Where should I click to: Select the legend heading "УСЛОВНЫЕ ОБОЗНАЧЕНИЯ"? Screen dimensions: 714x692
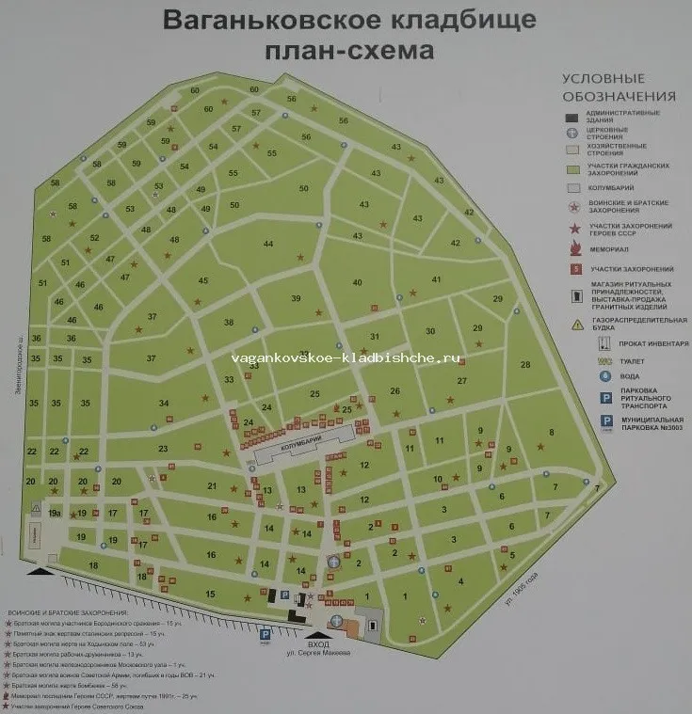pyautogui.click(x=618, y=87)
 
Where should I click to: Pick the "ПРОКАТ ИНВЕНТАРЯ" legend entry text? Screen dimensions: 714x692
pyautogui.click(x=643, y=343)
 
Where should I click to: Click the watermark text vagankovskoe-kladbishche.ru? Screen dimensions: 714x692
pyautogui.click(x=345, y=357)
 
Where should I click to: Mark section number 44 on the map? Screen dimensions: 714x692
pyautogui.click(x=268, y=245)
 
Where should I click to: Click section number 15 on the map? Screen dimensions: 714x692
pyautogui.click(x=209, y=594)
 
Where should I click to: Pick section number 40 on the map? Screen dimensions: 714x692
pyautogui.click(x=357, y=282)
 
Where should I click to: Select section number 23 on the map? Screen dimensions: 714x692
pyautogui.click(x=163, y=449)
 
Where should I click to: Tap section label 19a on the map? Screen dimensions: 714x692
pyautogui.click(x=55, y=513)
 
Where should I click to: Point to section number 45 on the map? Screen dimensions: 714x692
pyautogui.click(x=202, y=280)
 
